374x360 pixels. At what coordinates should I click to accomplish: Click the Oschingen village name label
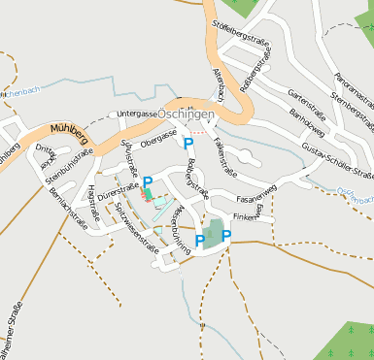tap(187, 114)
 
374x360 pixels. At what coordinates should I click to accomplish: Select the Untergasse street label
tap(137, 114)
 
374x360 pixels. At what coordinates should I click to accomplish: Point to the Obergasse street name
tap(157, 142)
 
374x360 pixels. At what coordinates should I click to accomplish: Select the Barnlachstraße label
tap(67, 206)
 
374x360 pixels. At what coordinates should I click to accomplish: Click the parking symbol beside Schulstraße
tap(148, 181)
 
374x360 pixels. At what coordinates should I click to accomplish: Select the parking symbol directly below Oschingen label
tap(188, 144)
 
